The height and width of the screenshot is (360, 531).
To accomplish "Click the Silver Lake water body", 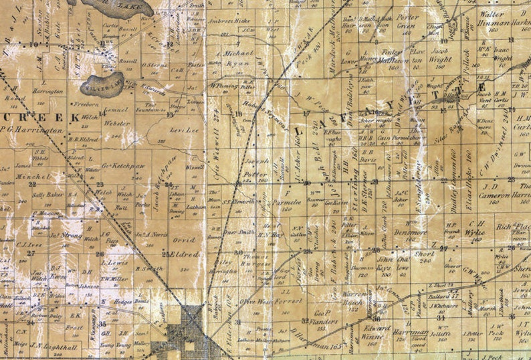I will click(x=101, y=84).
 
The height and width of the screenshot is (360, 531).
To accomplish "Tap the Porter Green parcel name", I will click(x=407, y=22).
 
